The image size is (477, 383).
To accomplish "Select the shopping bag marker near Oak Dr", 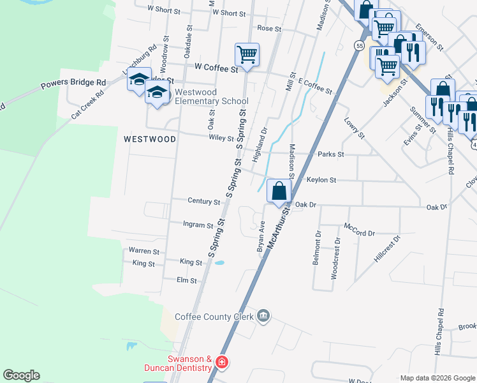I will tap(279, 190).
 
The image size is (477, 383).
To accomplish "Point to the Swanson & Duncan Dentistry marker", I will tap(221, 363).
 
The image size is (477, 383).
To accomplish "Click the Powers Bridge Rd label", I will tap(73, 83).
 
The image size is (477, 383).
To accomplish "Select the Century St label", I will tap(203, 201).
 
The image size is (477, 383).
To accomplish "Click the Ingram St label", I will tap(198, 225).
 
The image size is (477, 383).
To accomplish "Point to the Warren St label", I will tap(143, 251).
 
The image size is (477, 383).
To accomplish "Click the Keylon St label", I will tap(321, 180).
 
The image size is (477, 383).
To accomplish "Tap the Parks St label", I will tap(331, 154).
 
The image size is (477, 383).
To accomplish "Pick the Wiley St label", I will tap(221, 138).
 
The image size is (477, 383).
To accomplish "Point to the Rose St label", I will tap(269, 29).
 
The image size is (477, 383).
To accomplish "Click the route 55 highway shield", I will tap(360, 46).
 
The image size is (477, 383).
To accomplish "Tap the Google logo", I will tap(21, 375).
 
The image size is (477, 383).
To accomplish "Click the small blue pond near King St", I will tap(219, 262).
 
